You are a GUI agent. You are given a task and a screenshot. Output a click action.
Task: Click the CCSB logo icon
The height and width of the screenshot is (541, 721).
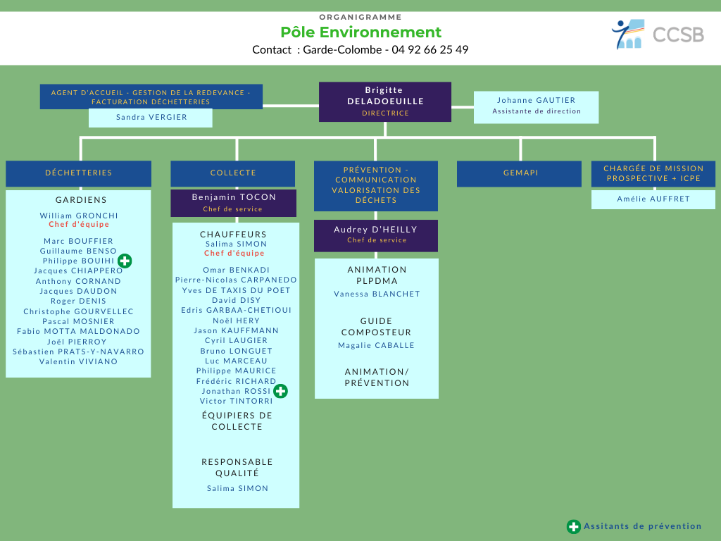[627, 34]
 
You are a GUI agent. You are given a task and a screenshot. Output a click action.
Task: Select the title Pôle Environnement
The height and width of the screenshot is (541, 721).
[361, 32]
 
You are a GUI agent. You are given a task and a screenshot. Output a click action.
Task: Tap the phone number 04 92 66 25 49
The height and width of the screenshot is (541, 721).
[430, 50]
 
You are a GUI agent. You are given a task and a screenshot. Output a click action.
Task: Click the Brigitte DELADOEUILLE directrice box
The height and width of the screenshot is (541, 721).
[385, 101]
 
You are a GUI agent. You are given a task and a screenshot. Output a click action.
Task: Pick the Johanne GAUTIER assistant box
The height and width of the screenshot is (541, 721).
[536, 107]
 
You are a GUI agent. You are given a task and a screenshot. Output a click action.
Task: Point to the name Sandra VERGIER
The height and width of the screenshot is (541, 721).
[152, 118]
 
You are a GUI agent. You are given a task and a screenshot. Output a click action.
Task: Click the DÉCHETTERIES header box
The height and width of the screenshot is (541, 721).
[79, 173]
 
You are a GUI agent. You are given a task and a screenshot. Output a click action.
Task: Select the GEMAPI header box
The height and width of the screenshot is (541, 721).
[519, 173]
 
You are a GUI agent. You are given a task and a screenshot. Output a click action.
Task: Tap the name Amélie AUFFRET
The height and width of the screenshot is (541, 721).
[653, 199]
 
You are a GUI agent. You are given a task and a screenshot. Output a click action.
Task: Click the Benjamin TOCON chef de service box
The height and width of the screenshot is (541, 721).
[234, 203]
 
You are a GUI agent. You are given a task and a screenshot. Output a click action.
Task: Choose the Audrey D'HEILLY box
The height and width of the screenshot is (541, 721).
[376, 235]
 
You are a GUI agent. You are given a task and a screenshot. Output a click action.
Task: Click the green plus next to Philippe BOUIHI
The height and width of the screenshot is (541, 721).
[125, 261]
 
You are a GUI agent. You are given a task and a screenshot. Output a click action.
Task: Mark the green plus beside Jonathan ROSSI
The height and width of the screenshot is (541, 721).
[280, 391]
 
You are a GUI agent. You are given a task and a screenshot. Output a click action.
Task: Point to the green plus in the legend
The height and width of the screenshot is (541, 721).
[573, 527]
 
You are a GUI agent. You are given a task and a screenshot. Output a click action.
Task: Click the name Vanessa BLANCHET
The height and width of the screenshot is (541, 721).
[377, 294]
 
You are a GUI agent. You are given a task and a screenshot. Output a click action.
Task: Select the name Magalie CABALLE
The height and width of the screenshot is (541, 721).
[376, 345]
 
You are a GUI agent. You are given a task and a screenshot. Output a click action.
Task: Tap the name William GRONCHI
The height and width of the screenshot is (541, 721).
[79, 216]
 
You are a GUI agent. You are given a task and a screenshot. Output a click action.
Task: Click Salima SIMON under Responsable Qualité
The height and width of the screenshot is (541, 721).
[238, 489]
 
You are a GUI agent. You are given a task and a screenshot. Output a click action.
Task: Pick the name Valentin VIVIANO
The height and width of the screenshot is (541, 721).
[79, 361]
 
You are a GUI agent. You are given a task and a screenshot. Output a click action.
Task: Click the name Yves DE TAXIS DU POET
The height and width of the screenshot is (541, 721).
[237, 290]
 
